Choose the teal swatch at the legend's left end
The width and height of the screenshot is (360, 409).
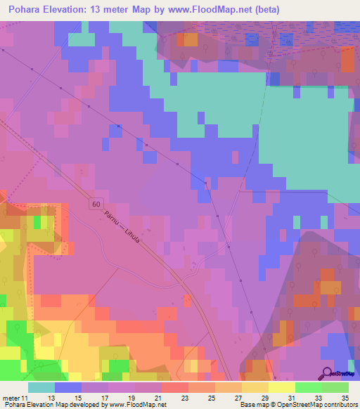pyautogui.click(x=41, y=387)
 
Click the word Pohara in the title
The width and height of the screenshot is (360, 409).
pyautogui.click(x=26, y=10)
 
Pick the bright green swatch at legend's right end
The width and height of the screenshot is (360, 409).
pyautogui.click(x=335, y=387)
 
